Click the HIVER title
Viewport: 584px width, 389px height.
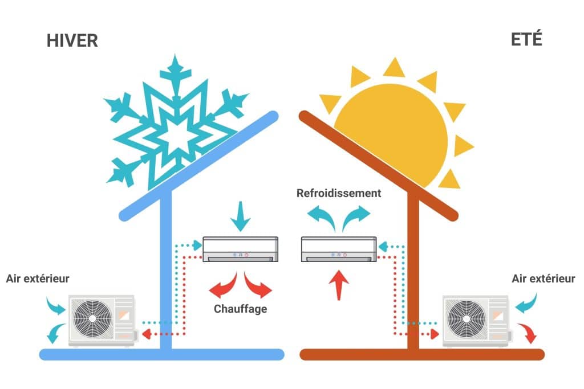click(x=72, y=40)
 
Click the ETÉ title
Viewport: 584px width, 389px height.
click(x=526, y=39)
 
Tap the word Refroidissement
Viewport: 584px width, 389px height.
click(x=339, y=194)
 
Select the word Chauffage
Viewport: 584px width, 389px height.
click(x=240, y=309)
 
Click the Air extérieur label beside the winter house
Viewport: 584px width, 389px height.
click(x=38, y=279)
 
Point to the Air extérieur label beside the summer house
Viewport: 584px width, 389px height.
click(x=544, y=279)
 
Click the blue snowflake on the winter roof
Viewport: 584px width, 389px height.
click(x=175, y=122)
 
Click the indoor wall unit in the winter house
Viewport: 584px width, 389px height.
click(x=240, y=249)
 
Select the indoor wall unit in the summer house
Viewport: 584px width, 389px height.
click(x=339, y=249)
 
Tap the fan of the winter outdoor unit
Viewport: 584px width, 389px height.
click(x=92, y=319)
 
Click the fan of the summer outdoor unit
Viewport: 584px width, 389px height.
click(x=467, y=319)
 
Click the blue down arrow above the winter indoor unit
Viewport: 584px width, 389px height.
click(x=240, y=216)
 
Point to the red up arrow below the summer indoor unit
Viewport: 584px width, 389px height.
click(x=339, y=285)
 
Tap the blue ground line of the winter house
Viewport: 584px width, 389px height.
click(x=161, y=354)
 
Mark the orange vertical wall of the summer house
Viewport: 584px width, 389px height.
click(x=413, y=272)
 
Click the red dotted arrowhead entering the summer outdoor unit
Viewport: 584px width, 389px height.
click(x=435, y=334)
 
